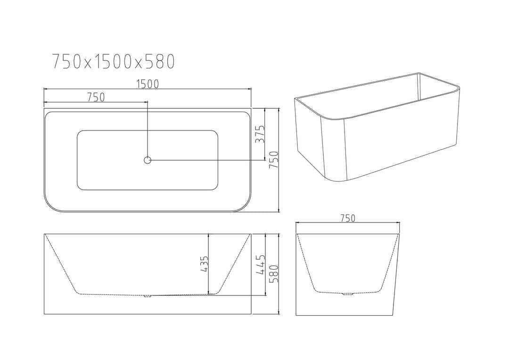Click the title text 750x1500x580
(x=113, y=61)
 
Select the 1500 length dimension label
(x=147, y=84)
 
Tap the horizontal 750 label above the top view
(x=95, y=97)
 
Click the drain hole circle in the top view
(x=147, y=160)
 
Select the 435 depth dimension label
(x=204, y=264)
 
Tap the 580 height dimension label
(x=273, y=273)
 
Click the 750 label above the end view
(x=347, y=218)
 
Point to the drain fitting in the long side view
(x=147, y=296)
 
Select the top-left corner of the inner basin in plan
(x=80, y=134)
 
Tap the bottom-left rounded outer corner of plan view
(x=49, y=205)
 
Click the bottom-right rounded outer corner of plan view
(x=246, y=205)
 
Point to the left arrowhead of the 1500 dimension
(x=45, y=89)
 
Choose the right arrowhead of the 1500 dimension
(x=250, y=89)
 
